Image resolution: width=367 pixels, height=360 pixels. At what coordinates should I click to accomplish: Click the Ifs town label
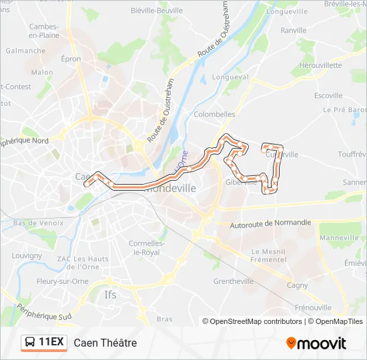[110, 294]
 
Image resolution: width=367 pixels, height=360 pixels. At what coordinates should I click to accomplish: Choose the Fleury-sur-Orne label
[44, 281]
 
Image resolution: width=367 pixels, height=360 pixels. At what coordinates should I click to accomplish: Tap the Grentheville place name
[233, 281]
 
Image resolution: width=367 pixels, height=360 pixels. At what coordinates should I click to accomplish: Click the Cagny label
[297, 285]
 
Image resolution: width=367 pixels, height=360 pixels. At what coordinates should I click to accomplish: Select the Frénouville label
[312, 307]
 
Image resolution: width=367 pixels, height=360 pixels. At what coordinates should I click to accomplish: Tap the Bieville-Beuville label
[157, 10]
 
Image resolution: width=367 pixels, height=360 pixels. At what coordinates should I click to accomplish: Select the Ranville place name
[294, 31]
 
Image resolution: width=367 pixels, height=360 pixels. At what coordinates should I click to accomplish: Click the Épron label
[71, 59]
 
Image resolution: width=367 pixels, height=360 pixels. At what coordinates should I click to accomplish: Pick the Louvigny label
[27, 255]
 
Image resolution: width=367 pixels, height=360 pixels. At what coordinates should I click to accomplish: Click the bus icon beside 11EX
[30, 343]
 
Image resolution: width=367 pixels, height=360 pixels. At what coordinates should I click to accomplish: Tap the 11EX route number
[51, 343]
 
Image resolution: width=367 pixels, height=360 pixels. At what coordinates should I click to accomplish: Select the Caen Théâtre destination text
[105, 343]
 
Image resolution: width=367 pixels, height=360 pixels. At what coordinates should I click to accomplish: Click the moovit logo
[316, 343]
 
